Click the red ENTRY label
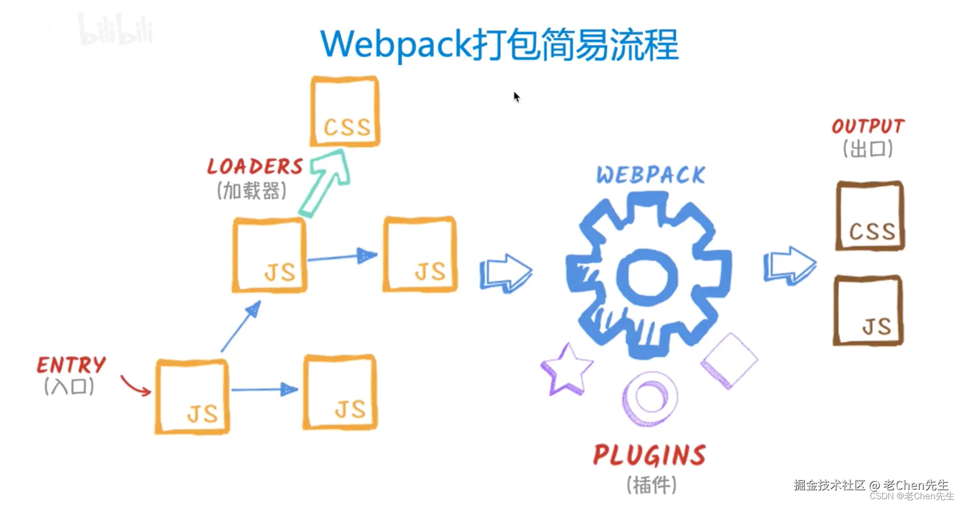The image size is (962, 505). click(71, 365)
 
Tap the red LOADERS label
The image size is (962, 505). click(255, 167)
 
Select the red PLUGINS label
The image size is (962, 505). click(649, 455)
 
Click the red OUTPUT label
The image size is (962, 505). click(868, 126)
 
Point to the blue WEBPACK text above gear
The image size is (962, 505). click(651, 175)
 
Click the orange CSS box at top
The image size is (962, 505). click(345, 111)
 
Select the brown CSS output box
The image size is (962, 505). click(870, 216)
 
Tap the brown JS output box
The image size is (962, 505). click(868, 310)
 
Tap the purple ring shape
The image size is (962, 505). click(650, 398)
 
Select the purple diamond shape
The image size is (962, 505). click(729, 361)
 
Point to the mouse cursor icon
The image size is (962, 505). click(516, 97)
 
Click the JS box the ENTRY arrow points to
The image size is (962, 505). click(192, 397)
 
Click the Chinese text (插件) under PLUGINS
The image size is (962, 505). click(652, 485)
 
